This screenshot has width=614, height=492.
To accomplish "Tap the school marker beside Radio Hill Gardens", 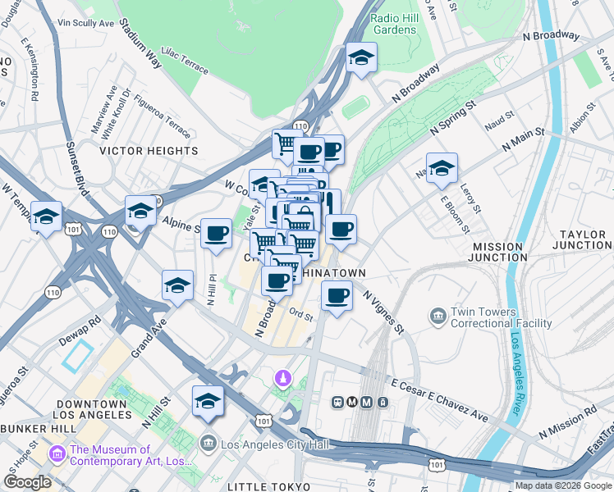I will point(360,58).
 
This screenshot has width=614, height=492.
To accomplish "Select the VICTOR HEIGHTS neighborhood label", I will point(149,151).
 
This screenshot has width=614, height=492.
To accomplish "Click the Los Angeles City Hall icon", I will point(208,444).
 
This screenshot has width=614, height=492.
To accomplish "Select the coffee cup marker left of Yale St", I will point(216,233).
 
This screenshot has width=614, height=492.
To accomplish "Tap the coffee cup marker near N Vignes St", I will point(336,295).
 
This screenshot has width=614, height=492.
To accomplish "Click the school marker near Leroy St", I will point(442,168).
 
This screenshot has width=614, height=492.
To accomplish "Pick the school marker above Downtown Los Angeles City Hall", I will point(208,401).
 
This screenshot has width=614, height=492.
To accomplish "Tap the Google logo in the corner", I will point(28,481).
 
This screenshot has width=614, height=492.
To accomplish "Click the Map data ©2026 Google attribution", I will point(563,485).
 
